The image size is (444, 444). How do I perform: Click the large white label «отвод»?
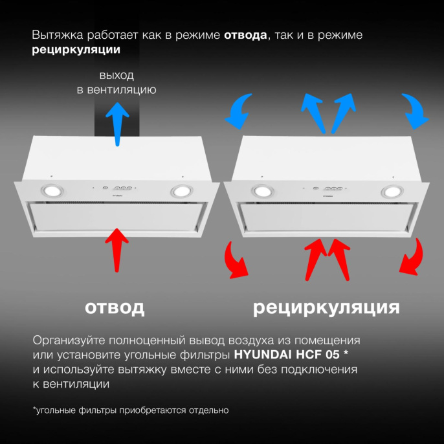click(x=115, y=307)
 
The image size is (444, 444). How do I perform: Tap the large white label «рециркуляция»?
click(x=326, y=307)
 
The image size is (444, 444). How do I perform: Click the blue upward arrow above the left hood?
click(x=117, y=123)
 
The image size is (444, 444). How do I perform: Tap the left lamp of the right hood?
click(x=262, y=191)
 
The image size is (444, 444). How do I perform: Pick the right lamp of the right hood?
click(x=391, y=191)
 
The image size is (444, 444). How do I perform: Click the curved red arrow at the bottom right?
click(x=412, y=257)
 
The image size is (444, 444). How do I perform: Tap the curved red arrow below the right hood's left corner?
click(x=237, y=259)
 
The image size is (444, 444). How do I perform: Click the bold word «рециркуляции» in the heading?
click(x=76, y=49)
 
